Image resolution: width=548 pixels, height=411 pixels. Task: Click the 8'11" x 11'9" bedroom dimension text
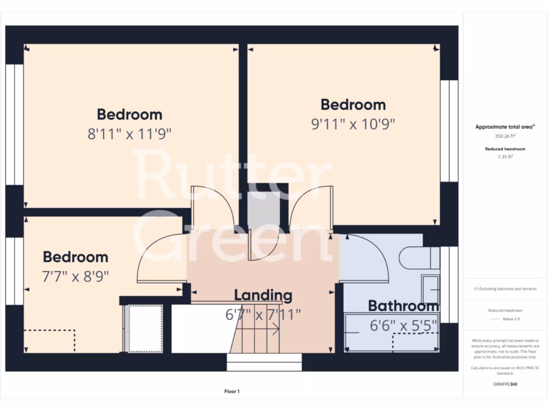129,134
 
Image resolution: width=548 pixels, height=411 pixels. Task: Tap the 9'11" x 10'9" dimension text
353,124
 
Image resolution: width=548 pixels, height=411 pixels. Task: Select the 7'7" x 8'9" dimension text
75,276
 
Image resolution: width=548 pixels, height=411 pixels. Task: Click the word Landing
263,295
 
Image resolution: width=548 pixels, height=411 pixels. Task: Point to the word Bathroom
404,306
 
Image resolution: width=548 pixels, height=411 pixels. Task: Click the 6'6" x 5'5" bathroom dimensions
404,325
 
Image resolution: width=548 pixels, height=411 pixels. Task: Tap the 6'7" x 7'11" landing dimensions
263,314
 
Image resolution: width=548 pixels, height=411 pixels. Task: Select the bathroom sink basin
430,290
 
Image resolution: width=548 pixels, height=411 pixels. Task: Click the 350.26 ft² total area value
505,136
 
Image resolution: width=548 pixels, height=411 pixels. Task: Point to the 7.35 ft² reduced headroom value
505,157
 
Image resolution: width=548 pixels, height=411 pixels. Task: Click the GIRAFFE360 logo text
505,384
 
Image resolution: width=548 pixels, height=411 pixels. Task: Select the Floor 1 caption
232,392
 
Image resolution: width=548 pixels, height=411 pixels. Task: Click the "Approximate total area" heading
505,127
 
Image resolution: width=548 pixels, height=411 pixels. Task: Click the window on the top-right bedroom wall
449,131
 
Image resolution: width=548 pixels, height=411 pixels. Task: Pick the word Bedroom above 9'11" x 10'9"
353,104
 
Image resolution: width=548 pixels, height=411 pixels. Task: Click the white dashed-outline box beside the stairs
145,328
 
